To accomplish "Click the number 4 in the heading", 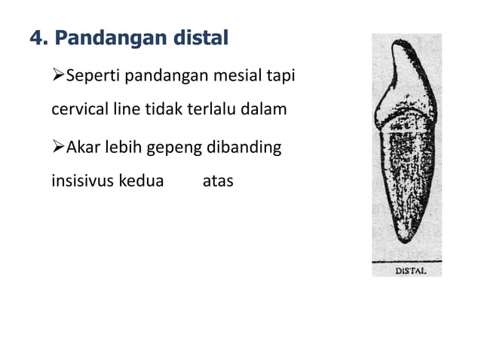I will [x=35, y=36].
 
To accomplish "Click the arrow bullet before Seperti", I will [x=58, y=76].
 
